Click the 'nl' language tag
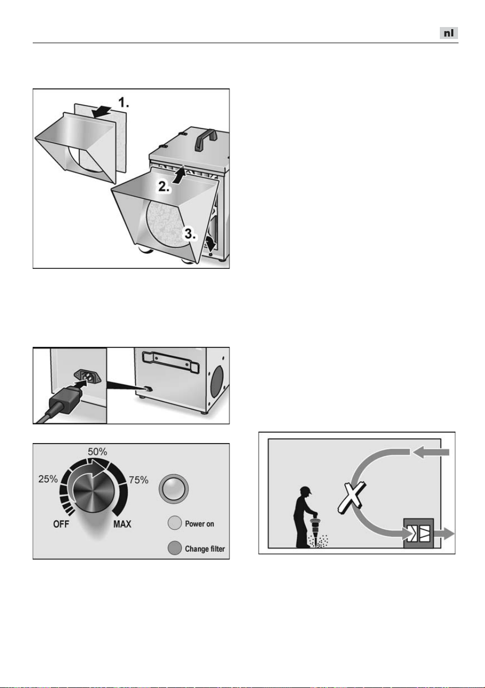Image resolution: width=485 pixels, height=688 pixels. coord(449,33)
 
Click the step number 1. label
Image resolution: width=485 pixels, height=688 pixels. coord(124,102)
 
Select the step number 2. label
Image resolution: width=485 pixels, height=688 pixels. coord(164,187)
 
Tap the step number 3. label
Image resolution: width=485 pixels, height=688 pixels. coord(190,233)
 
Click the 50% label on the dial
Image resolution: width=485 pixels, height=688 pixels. coord(97,451)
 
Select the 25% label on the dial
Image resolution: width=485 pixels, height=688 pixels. coord(48,479)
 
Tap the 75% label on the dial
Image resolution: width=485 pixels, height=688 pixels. coord(138,479)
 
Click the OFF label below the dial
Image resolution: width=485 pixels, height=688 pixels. coord(61,524)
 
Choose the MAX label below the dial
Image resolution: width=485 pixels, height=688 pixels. coord(122,524)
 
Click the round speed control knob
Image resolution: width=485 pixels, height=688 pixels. coord(93,490)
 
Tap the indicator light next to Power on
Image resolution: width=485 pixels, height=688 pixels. coord(175,523)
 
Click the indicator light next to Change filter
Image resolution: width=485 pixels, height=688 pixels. coord(175,548)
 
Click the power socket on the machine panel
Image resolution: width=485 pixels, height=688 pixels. coord(88,377)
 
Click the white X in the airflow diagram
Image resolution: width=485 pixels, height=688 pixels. coord(352,498)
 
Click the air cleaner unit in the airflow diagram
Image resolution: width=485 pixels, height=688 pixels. coord(419,534)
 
